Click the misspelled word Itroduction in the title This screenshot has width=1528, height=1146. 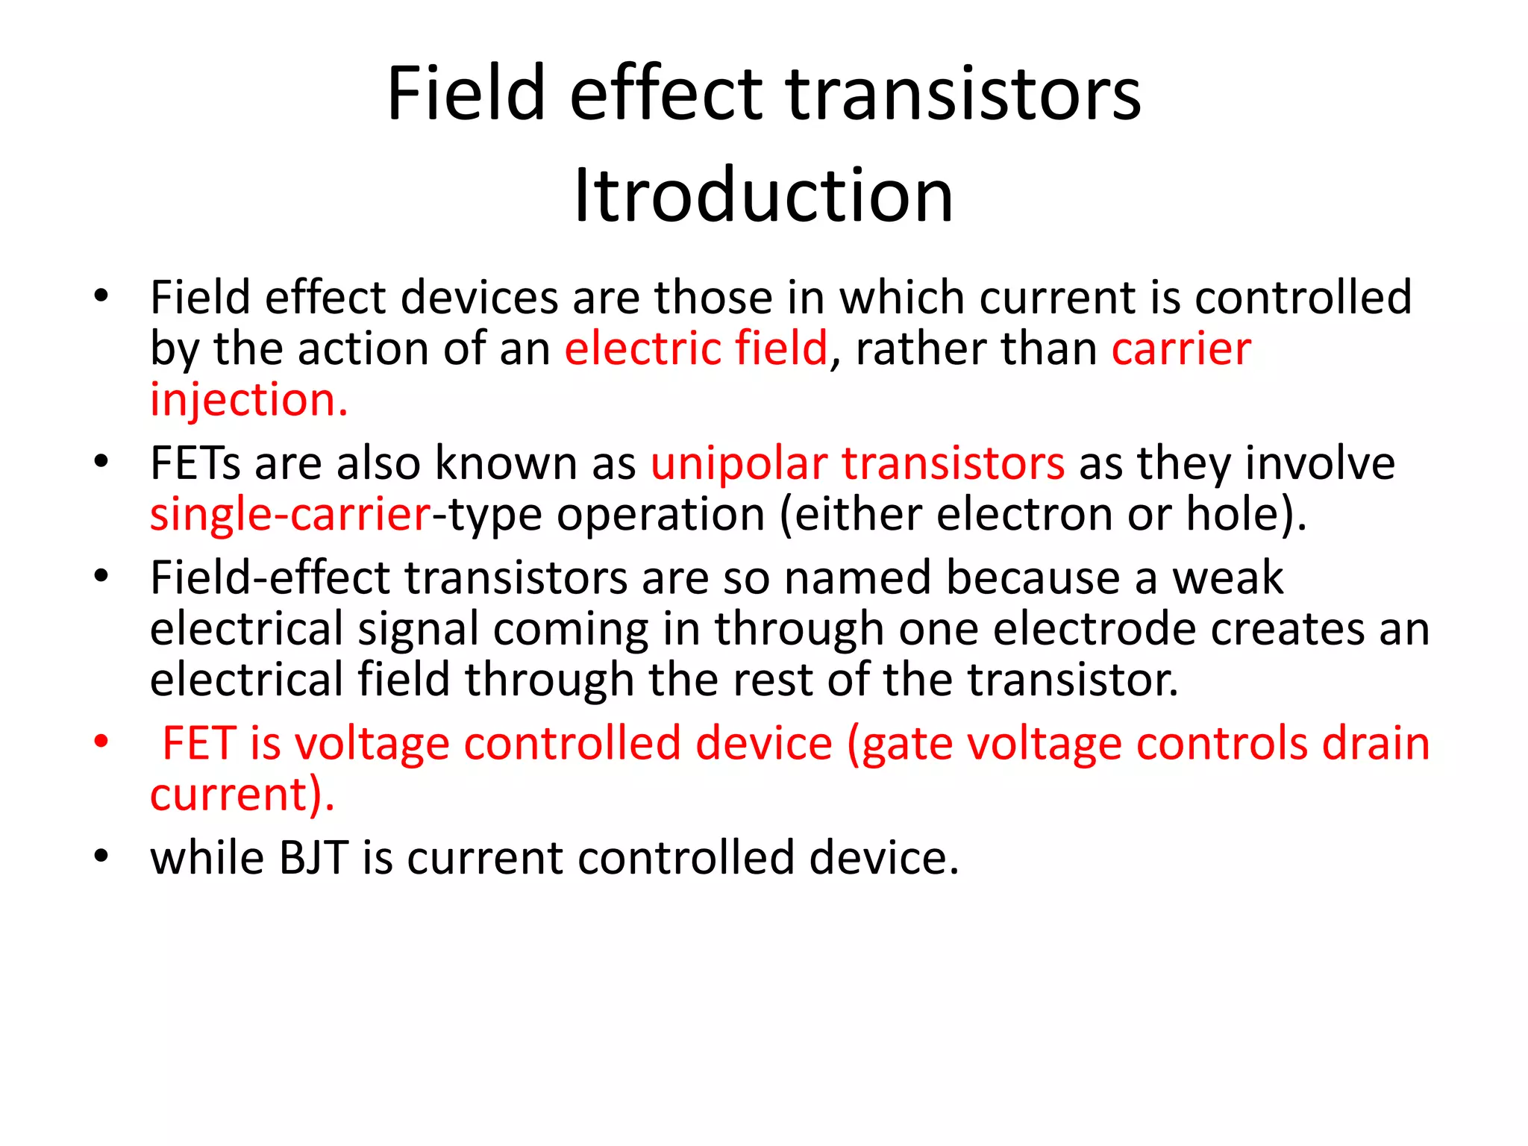click(x=763, y=195)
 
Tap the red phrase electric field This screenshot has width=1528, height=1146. click(x=695, y=349)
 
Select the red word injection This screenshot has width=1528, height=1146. click(x=248, y=401)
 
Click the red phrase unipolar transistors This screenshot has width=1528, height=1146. click(x=857, y=464)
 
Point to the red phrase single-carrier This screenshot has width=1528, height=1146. click(x=290, y=516)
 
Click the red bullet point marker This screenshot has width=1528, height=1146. click(x=101, y=742)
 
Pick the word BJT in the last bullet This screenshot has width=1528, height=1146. click(x=313, y=858)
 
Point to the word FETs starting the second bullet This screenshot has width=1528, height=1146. click(x=195, y=464)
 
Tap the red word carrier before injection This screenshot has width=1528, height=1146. click(x=1181, y=349)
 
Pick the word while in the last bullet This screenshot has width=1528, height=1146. click(x=207, y=858)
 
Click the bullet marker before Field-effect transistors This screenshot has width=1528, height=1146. click(x=101, y=577)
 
